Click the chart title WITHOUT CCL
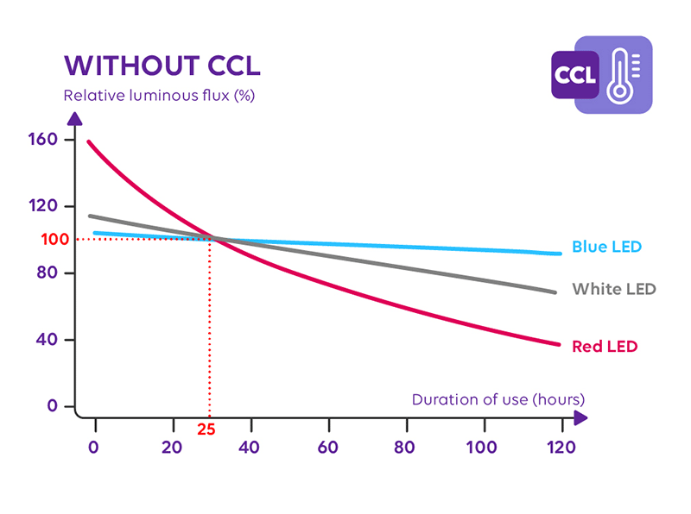(x=162, y=66)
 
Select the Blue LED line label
(x=607, y=247)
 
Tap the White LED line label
(x=614, y=288)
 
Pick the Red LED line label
(x=605, y=347)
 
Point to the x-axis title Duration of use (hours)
(x=498, y=399)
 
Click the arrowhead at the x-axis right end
(x=580, y=417)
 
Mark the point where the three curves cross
(x=214, y=239)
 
